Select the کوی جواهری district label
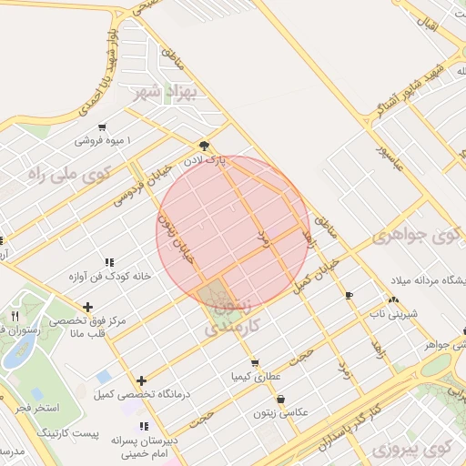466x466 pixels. coord(416,238)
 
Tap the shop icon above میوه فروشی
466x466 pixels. coord(103,127)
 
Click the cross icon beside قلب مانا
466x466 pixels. coord(87,307)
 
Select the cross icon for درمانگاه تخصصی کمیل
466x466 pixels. coord(141,380)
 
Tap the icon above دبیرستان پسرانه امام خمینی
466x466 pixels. coord(144,426)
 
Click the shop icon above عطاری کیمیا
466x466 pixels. coord(254,362)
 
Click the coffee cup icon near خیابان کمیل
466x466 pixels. coord(349,296)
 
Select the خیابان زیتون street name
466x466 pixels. coord(177,237)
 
